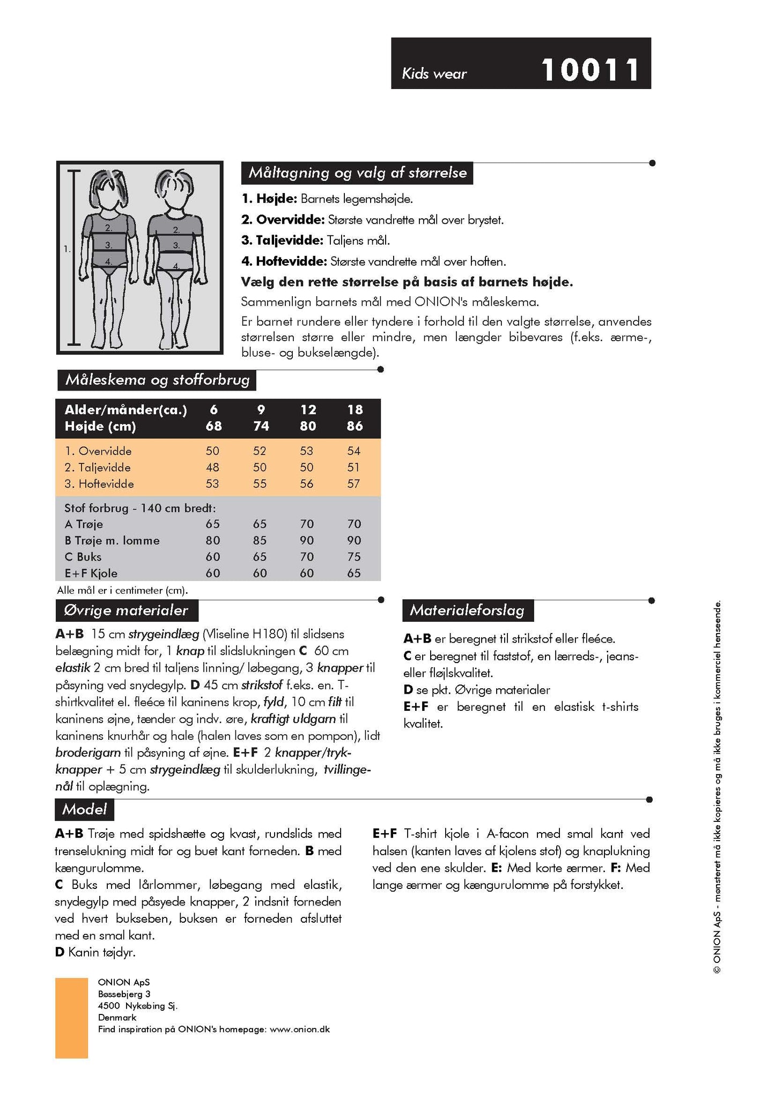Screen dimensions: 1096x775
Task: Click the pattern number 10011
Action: (x=590, y=70)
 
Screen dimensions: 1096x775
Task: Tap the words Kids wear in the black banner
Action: (x=434, y=73)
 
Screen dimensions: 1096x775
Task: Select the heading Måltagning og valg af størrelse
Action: (x=357, y=173)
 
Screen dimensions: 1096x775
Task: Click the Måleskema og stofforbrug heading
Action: (x=157, y=380)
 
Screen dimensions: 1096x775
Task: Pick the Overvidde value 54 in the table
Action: (x=354, y=451)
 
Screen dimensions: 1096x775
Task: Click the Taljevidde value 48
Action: (x=213, y=467)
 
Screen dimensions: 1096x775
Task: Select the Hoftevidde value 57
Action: (x=354, y=484)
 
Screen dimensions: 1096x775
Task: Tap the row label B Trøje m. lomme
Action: (x=112, y=541)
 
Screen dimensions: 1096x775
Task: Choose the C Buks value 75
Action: (x=354, y=557)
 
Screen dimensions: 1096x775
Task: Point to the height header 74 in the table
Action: (x=261, y=426)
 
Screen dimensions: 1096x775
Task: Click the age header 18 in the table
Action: (x=355, y=410)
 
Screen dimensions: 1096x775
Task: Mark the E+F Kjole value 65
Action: (x=354, y=573)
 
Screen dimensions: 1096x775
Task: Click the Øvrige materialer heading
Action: (x=126, y=610)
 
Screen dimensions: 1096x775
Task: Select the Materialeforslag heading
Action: (x=467, y=610)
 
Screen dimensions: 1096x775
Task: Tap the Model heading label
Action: (x=84, y=809)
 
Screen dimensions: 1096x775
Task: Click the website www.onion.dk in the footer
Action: (x=300, y=1029)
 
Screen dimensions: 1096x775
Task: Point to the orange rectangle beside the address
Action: (x=71, y=1018)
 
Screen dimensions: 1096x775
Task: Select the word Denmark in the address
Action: (x=117, y=1018)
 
